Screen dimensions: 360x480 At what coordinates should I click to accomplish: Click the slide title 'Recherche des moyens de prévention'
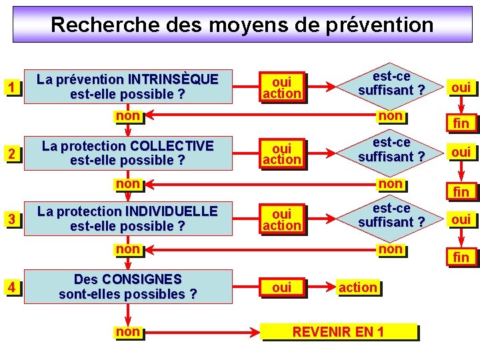[x=242, y=25]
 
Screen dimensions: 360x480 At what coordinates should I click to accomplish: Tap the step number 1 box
[x=11, y=87]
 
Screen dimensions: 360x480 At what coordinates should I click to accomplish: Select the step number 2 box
[x=11, y=154]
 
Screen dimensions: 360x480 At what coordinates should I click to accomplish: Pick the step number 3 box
[x=11, y=219]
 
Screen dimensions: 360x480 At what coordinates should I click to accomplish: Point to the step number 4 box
[x=11, y=288]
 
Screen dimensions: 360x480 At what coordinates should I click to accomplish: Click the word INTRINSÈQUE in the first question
[x=173, y=79]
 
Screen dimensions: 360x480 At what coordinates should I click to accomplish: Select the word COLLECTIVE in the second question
[x=172, y=145]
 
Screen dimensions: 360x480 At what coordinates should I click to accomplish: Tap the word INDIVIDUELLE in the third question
[x=171, y=211]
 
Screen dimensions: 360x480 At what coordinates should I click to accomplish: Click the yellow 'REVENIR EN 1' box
[x=339, y=331]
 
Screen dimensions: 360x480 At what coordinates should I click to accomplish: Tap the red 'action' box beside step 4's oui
[x=358, y=287]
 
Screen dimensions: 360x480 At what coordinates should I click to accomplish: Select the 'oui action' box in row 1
[x=281, y=87]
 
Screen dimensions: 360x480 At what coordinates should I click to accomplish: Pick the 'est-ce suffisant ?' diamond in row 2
[x=391, y=150]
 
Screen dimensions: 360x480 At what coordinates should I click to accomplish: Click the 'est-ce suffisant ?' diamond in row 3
[x=391, y=215]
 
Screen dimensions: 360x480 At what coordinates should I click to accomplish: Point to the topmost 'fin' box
[x=461, y=123]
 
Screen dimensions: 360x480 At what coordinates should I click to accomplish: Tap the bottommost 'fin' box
[x=461, y=257]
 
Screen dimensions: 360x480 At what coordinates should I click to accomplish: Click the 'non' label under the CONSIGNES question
[x=127, y=331]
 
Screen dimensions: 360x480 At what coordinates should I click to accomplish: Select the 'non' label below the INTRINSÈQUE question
[x=127, y=116]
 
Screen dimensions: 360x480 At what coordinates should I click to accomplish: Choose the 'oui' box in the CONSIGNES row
[x=281, y=287]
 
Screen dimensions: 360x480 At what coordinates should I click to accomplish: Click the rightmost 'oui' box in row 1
[x=461, y=87]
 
